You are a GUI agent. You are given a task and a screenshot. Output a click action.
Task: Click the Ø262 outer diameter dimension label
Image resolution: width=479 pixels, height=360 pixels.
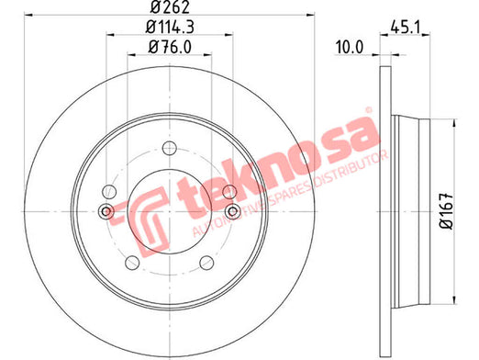pyautogui.click(x=170, y=6)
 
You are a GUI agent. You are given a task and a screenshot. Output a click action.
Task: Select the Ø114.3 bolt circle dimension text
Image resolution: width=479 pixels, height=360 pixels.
pyautogui.click(x=170, y=28)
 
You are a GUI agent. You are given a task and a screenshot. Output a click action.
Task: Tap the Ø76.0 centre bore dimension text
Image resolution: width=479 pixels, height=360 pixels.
pyautogui.click(x=170, y=47)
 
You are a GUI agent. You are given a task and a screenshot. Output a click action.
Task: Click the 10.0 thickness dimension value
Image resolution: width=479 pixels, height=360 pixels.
pyautogui.click(x=350, y=48)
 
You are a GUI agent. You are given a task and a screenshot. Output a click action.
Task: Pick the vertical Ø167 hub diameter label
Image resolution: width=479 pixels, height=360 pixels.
pyautogui.click(x=447, y=211)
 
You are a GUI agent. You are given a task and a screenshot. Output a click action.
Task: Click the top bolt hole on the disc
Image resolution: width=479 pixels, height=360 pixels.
pyautogui.click(x=169, y=148)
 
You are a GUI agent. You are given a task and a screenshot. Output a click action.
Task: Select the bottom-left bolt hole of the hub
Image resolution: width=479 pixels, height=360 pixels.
pyautogui.click(x=132, y=263)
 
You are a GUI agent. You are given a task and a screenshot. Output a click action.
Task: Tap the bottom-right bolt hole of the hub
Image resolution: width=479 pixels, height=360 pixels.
pyautogui.click(x=206, y=263)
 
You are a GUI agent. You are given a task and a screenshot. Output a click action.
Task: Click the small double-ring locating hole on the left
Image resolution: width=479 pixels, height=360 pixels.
pyautogui.click(x=106, y=211)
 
